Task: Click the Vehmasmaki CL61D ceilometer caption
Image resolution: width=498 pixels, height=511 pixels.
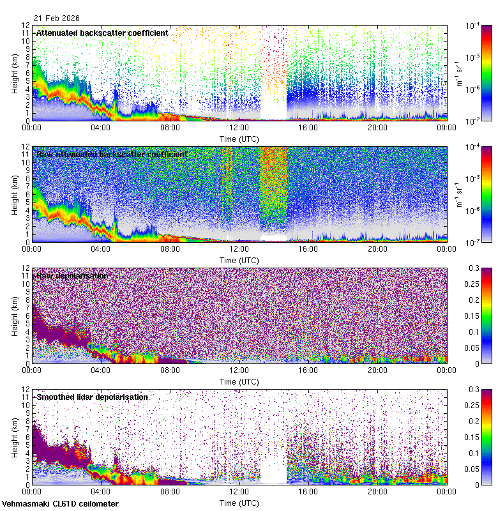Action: pos(60,504)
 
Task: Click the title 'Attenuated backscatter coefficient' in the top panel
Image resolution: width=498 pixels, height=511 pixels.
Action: pos(102,33)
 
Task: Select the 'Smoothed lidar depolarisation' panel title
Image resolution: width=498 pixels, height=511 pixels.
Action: pos(92,397)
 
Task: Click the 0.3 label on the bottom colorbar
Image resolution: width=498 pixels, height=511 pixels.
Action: pos(476,389)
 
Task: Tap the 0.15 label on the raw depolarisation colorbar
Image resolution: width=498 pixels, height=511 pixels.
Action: pos(476,316)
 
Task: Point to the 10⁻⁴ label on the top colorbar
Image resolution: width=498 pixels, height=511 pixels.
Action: pos(473,26)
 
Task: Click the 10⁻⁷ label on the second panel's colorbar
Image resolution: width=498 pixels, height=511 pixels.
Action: pos(473,242)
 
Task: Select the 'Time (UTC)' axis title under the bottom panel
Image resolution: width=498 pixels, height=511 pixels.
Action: pos(239,503)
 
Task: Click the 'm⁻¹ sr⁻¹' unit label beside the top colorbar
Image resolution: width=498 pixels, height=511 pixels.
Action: pos(458,73)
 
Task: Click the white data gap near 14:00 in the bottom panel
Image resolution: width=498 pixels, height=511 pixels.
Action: pos(273,473)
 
